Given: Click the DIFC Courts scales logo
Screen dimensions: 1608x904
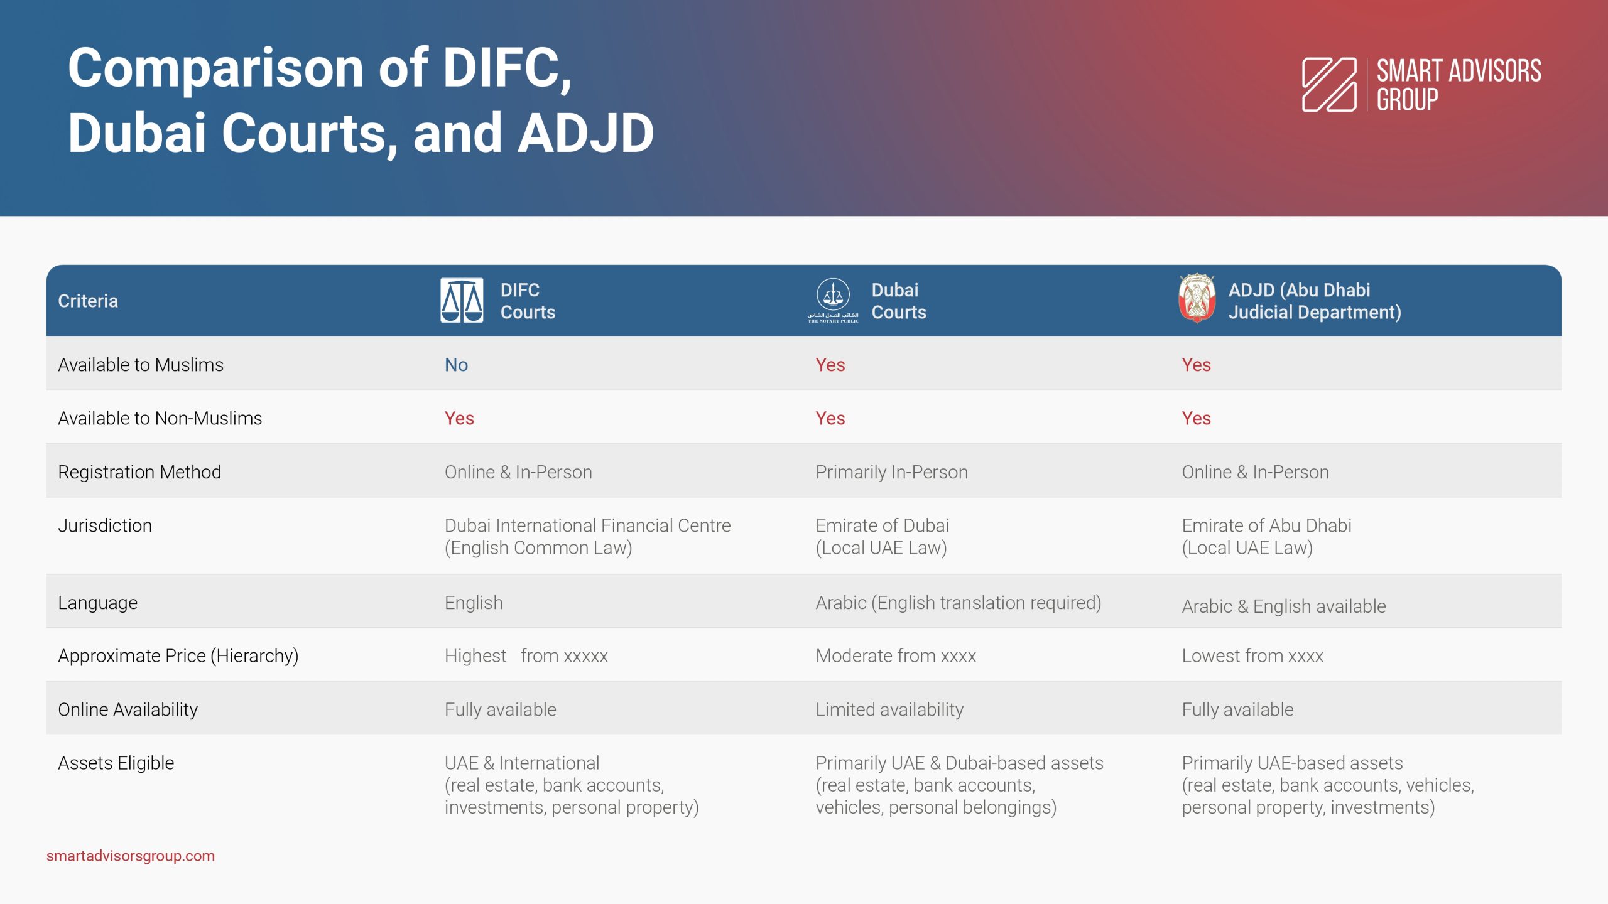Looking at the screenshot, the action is coord(462,300).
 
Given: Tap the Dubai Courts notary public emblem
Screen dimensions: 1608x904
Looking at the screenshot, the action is coord(833,301).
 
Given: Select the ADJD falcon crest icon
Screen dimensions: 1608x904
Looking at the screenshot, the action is coord(1197,298).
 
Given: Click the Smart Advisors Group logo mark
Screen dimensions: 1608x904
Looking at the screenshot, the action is coord(1329,85).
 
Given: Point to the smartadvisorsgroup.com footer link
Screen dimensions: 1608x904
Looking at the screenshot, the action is coord(131,856).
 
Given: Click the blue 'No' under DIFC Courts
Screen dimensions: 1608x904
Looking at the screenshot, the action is coord(456,365).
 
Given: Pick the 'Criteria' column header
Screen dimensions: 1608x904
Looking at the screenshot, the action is coord(88,301).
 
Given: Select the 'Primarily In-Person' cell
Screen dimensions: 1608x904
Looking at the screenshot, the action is coord(891,472).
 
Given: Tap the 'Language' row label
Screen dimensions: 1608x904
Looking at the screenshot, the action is coord(97,603).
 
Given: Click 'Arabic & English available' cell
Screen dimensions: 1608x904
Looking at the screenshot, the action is coord(1283,606).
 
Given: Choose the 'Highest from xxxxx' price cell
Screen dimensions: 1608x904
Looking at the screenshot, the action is coord(526,656).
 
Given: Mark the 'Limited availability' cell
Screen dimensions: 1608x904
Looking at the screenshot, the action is coord(889,709).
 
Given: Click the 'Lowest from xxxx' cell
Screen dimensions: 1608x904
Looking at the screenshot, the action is coord(1252,656).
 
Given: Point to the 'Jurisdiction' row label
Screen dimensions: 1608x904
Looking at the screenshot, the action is coord(105,525).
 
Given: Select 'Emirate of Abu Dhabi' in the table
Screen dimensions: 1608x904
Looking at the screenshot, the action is coord(1266,525).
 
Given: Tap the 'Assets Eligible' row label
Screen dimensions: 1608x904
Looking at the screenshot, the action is coord(116,763).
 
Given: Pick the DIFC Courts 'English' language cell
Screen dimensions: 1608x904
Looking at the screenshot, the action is coord(474,603).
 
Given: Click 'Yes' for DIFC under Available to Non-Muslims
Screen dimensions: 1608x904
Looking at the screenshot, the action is coord(459,418).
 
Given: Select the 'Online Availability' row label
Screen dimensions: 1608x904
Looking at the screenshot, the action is coord(128,709).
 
